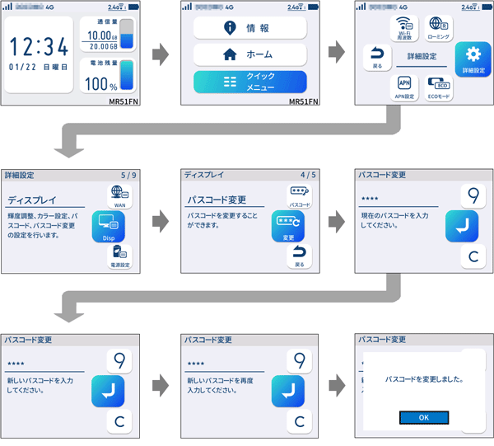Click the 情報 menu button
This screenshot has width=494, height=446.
click(x=250, y=28)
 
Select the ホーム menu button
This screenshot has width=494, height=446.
click(x=250, y=55)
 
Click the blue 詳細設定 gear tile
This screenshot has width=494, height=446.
click(x=473, y=57)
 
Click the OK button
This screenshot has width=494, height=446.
click(x=423, y=417)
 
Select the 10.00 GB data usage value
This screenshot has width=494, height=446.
click(x=100, y=35)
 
